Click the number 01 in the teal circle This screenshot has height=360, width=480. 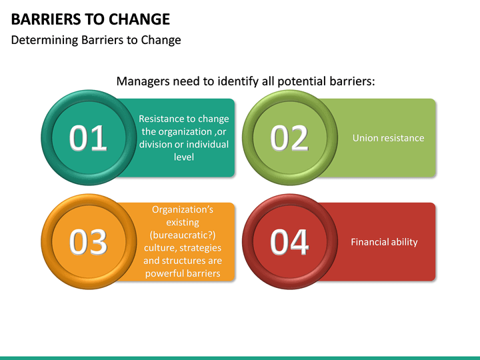[89, 138]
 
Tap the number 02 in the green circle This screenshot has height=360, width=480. [289, 138]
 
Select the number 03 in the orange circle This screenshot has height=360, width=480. [89, 242]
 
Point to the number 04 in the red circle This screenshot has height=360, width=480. [289, 242]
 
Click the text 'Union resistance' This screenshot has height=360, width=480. [388, 138]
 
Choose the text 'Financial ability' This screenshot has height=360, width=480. [384, 242]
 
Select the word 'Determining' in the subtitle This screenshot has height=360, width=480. [42, 40]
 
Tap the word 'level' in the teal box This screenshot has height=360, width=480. [183, 157]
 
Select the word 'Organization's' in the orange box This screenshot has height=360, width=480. [183, 209]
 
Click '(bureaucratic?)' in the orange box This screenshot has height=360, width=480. [183, 235]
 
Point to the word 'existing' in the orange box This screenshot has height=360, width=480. [183, 222]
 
